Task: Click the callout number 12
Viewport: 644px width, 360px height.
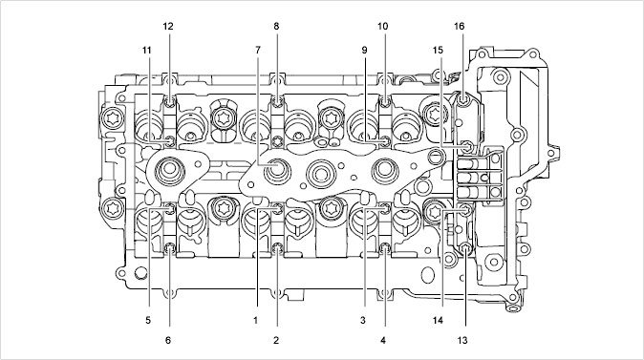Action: click(x=168, y=27)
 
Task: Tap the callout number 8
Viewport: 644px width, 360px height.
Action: click(x=276, y=27)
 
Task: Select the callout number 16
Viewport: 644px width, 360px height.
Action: click(x=460, y=27)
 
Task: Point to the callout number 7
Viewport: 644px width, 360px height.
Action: click(x=258, y=50)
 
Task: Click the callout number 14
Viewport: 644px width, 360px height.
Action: click(x=438, y=320)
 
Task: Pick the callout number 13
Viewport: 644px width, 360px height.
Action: click(x=462, y=340)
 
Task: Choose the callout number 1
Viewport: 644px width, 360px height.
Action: click(x=255, y=320)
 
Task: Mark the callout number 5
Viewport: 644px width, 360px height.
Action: click(x=148, y=320)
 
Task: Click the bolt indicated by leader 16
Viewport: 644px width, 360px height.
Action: click(x=463, y=99)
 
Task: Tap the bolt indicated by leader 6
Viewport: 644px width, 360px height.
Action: click(x=170, y=248)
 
